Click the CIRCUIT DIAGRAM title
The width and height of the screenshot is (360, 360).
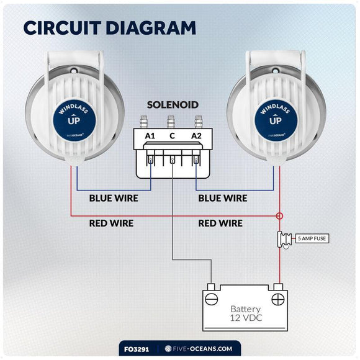click(109, 28)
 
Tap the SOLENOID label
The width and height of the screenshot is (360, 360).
click(173, 105)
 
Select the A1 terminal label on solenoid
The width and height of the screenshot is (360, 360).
click(150, 136)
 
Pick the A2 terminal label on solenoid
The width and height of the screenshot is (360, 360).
click(197, 136)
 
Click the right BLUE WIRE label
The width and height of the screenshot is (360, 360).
click(222, 199)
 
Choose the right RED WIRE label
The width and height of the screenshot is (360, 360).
click(220, 223)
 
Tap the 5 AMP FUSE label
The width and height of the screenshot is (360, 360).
click(313, 238)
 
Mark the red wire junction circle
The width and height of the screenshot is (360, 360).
click(279, 216)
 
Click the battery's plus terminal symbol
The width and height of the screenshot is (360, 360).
click(278, 299)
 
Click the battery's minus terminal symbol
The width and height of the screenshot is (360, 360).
click(211, 299)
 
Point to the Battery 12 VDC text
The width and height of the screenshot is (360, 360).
click(245, 313)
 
